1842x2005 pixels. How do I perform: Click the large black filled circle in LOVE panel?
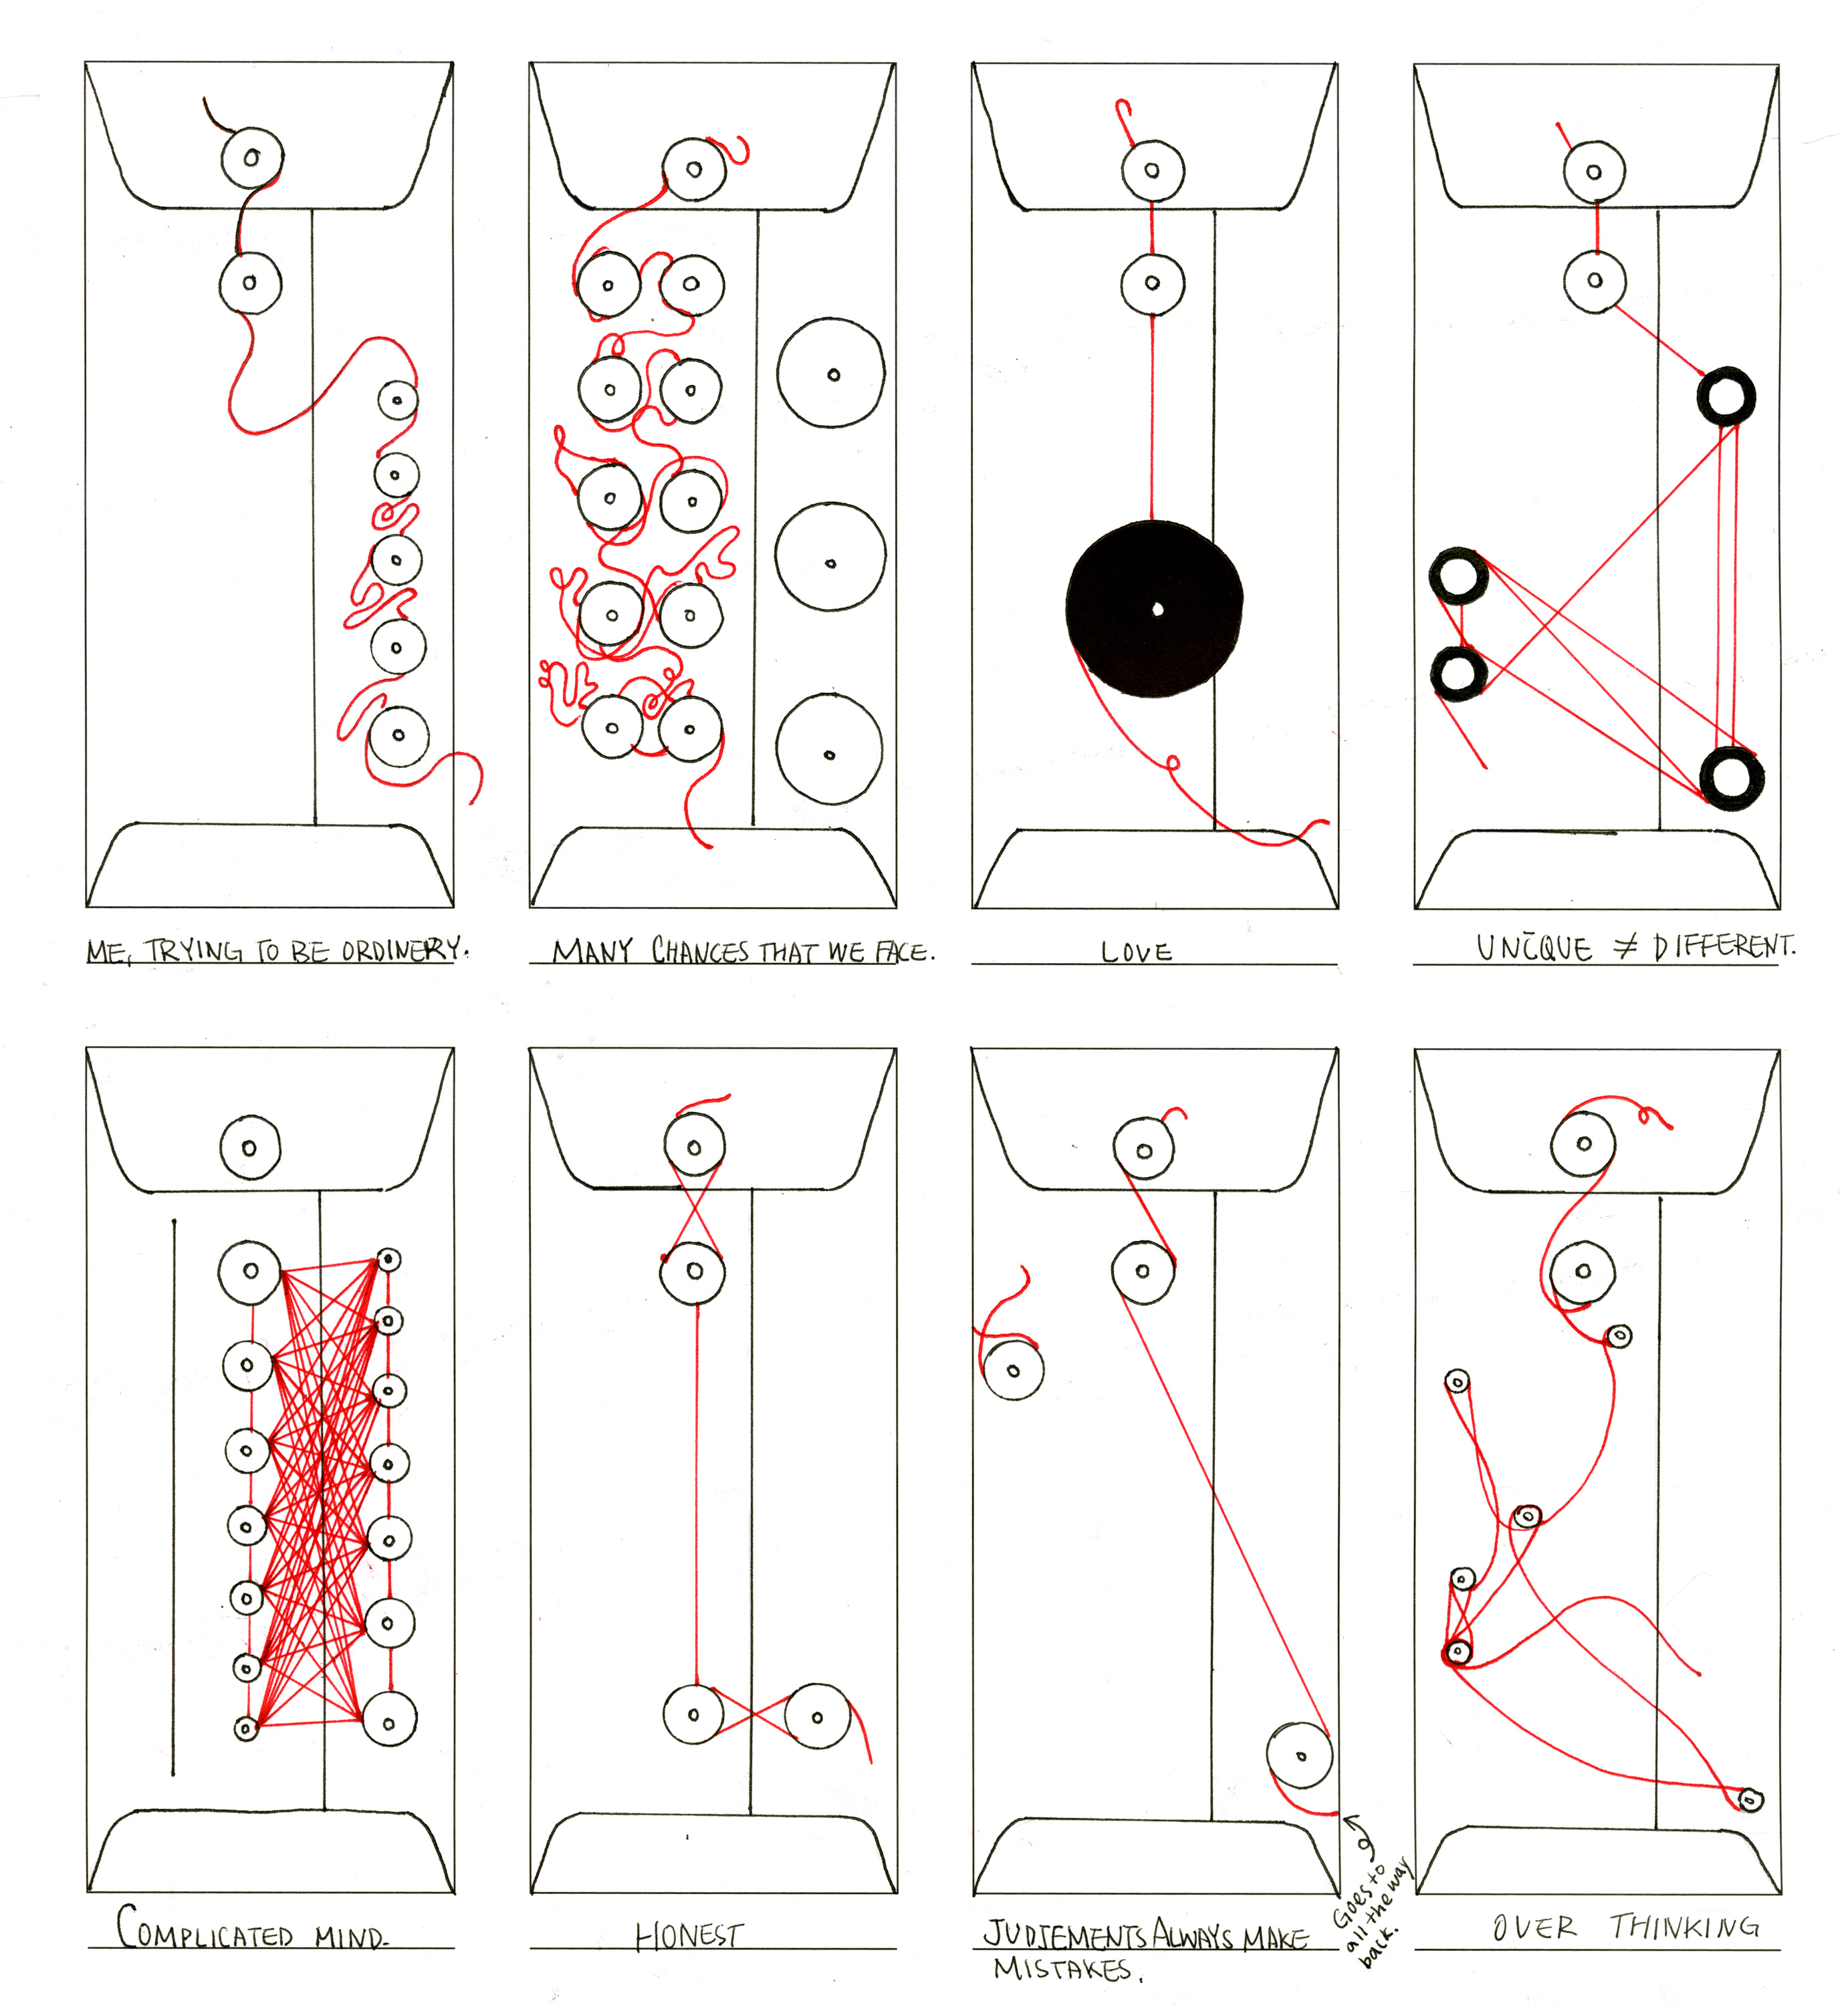(1154, 609)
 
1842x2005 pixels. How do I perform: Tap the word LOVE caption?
(1137, 952)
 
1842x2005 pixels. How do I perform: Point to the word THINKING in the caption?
(1684, 1926)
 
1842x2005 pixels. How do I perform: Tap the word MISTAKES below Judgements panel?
(1062, 1969)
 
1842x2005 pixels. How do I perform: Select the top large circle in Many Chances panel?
(830, 374)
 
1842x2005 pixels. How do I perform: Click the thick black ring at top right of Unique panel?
(1726, 396)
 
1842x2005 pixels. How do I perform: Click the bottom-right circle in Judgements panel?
(1299, 1756)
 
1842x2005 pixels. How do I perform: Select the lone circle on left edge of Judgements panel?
(1013, 1370)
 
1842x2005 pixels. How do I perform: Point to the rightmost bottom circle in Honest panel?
(817, 1716)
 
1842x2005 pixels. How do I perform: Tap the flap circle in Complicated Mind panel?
(250, 1148)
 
